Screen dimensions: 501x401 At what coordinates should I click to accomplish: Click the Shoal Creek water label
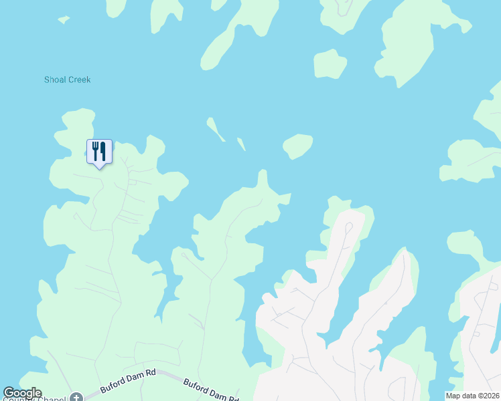(x=67, y=80)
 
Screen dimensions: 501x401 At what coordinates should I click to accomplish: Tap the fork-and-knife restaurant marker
(x=99, y=152)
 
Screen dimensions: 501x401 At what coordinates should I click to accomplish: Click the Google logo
(x=22, y=393)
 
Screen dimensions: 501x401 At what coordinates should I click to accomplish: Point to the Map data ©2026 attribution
(x=472, y=396)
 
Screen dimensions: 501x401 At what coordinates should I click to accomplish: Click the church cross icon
(x=76, y=398)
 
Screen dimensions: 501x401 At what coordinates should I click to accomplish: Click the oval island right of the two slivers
(x=298, y=145)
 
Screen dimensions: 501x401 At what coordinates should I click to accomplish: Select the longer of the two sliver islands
(x=215, y=128)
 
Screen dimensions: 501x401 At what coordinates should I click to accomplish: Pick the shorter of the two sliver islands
(x=240, y=144)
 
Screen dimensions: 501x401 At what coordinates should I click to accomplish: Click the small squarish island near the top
(x=330, y=64)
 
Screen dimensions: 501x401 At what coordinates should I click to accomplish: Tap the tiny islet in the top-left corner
(x=64, y=20)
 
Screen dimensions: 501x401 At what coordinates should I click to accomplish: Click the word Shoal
(x=55, y=80)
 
